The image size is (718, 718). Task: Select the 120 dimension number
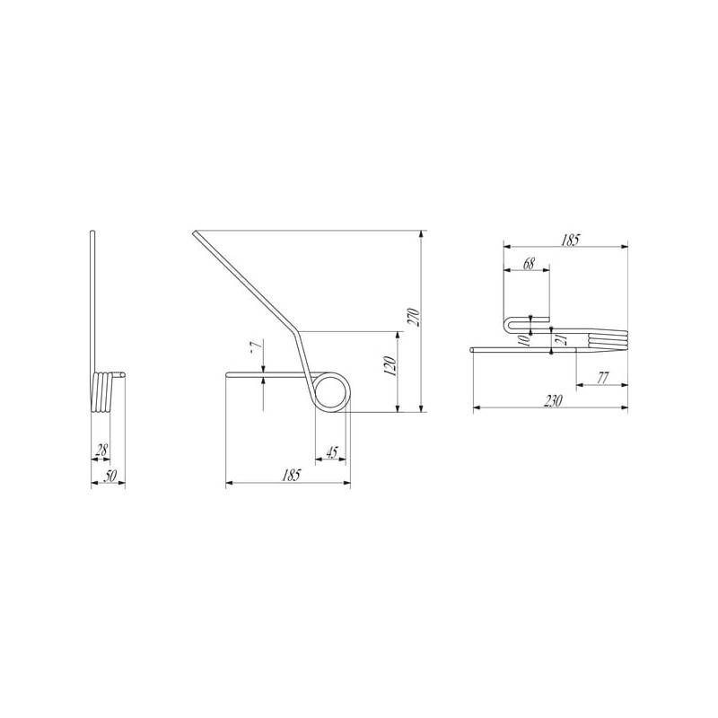pos(390,366)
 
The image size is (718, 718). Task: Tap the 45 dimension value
pos(331,452)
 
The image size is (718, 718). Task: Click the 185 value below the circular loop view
pos(291,475)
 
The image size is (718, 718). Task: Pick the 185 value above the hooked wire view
pos(570,240)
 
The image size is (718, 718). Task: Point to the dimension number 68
pos(529,264)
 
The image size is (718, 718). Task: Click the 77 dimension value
pos(603,378)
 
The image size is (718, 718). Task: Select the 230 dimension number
pos(553,400)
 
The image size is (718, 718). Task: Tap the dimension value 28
pos(101,451)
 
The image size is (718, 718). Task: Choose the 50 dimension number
pos(109,476)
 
